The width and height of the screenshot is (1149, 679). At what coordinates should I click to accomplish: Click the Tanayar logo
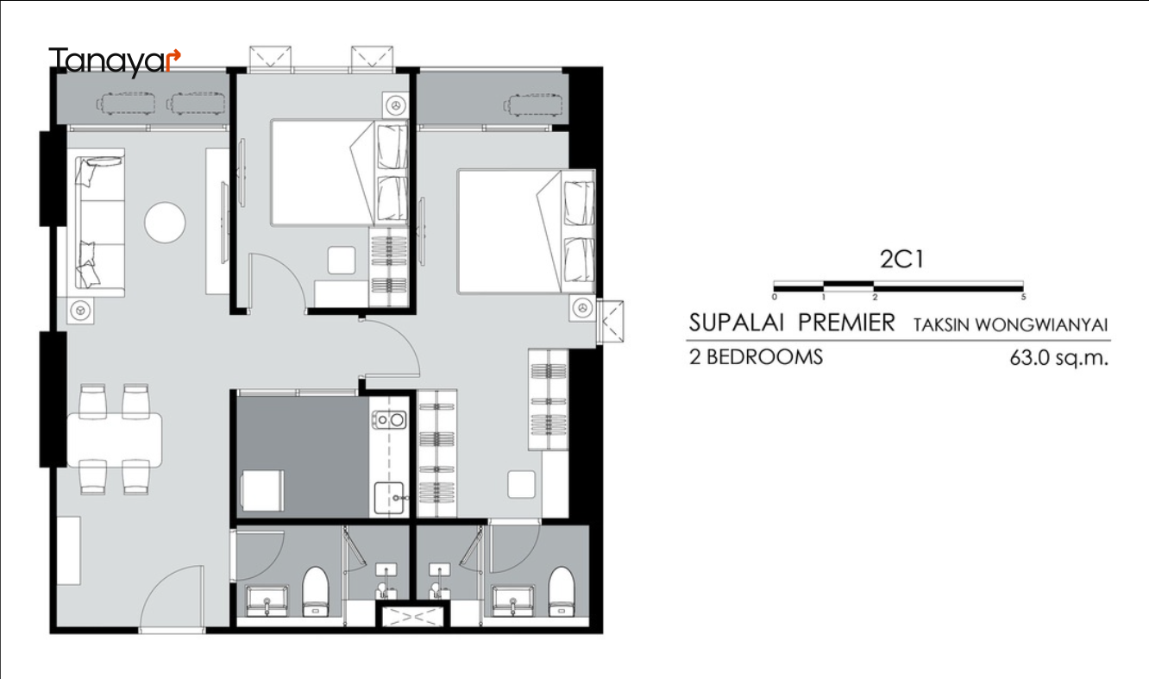(115, 61)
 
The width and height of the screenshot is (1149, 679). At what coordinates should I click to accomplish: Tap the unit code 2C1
(901, 259)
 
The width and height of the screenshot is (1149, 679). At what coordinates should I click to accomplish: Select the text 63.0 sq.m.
(1058, 358)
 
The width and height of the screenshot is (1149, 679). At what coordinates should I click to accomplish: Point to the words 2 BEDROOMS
(756, 357)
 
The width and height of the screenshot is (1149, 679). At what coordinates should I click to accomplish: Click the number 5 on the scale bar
(1023, 297)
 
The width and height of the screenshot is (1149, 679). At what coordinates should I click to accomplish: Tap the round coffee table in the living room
(165, 223)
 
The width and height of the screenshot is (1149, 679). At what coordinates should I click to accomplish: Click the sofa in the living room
(99, 223)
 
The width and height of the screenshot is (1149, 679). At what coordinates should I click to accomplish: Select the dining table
(115, 440)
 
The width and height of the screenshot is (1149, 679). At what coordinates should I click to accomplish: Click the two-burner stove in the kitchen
(389, 419)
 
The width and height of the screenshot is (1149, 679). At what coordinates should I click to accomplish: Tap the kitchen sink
(389, 497)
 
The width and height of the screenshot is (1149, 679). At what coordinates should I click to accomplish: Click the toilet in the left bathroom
(315, 591)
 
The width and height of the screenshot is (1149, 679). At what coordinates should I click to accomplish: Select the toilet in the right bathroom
(562, 591)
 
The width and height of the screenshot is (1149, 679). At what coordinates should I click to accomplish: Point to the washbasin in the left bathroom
(267, 601)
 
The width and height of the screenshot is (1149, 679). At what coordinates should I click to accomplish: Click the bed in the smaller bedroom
(340, 173)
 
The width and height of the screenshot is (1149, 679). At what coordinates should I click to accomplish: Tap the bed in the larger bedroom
(526, 232)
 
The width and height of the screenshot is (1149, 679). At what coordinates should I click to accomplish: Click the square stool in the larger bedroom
(522, 484)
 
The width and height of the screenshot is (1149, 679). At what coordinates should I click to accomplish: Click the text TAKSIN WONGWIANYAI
(1010, 325)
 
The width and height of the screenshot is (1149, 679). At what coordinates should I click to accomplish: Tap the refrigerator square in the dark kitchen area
(262, 490)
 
